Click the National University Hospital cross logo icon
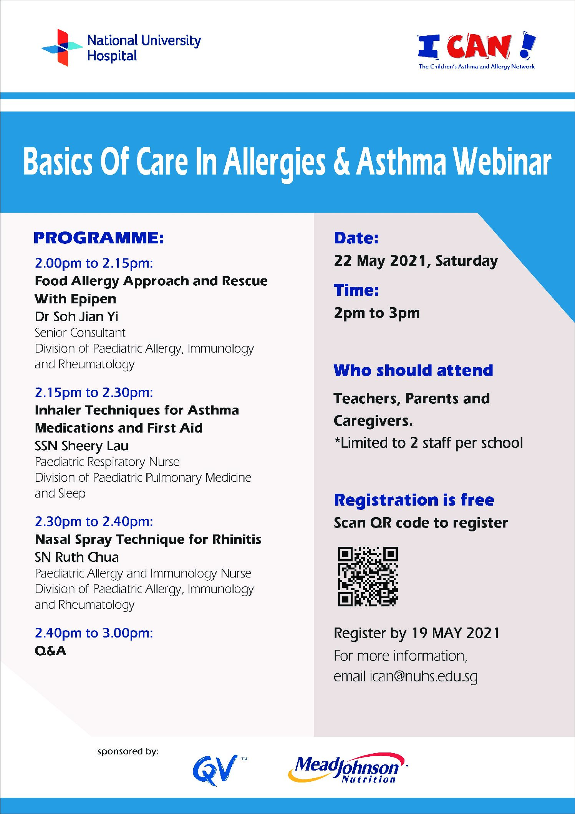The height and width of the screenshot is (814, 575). [62, 47]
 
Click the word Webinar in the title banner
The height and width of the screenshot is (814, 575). [502, 161]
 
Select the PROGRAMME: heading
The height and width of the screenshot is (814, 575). [99, 238]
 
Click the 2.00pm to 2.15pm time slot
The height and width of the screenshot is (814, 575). [94, 263]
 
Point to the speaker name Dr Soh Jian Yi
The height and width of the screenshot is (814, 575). [76, 316]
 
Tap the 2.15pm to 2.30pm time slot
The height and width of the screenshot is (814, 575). [94, 392]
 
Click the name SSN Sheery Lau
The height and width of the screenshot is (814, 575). [81, 446]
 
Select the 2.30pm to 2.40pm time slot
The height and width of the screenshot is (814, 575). [94, 521]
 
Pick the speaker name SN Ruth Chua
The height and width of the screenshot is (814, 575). [77, 557]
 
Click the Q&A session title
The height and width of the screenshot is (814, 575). [50, 651]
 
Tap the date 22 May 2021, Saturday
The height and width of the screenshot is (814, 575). [416, 261]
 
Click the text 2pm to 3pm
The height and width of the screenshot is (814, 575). [377, 313]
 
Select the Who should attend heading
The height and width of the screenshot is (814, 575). [413, 370]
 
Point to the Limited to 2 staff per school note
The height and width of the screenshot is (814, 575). [428, 443]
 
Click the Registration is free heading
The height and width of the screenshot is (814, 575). [414, 500]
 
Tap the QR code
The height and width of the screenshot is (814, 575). [368, 576]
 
